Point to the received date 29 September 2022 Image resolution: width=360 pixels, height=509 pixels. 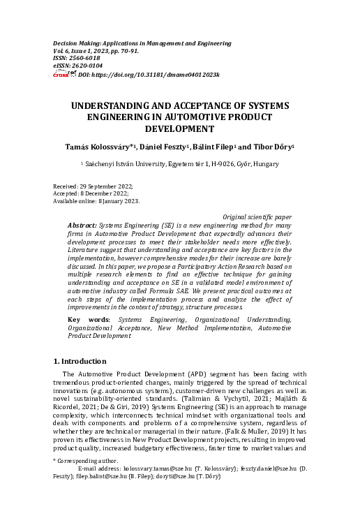coord(105,188)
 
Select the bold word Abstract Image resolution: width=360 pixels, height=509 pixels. coord(83,227)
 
